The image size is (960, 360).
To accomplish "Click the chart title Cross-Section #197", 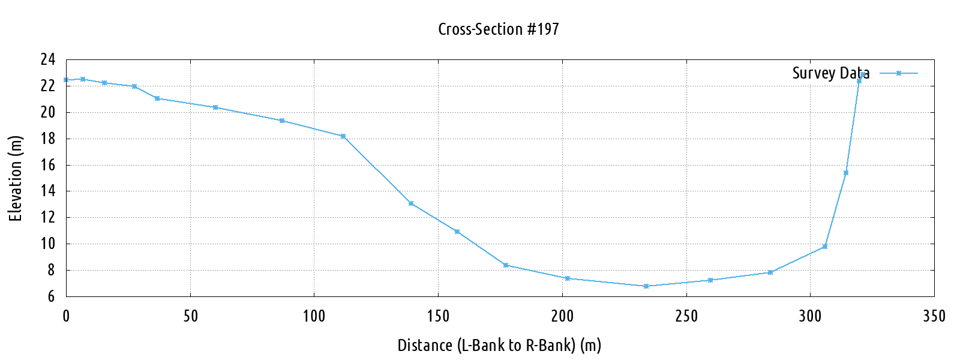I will point(498,29).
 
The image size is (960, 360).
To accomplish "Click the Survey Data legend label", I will point(830,73).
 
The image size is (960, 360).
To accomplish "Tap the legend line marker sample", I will point(899,73).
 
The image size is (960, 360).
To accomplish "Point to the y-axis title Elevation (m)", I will point(16,178).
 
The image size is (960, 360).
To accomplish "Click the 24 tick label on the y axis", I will point(48,59).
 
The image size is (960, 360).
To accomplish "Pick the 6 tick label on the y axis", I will point(52,296).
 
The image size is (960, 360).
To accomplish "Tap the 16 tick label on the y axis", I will point(48,165).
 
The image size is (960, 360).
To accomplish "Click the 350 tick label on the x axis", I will point(934,316).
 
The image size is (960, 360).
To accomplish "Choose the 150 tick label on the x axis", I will point(438,316).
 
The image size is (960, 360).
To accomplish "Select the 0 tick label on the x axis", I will point(66,316).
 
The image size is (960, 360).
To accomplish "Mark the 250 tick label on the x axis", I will point(686,316).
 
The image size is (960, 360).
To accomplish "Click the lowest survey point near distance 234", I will point(646,286).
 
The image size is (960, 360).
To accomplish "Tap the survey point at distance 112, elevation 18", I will point(343,136).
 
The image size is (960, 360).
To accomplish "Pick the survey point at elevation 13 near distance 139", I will point(411,203).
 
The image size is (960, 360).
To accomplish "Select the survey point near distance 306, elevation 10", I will point(825,246).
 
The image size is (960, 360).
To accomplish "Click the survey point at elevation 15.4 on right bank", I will point(846,173).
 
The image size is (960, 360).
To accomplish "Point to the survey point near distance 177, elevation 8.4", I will point(506,265).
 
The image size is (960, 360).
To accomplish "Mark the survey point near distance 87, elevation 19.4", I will point(282,121).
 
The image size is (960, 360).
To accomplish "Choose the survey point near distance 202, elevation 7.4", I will point(567,278).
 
